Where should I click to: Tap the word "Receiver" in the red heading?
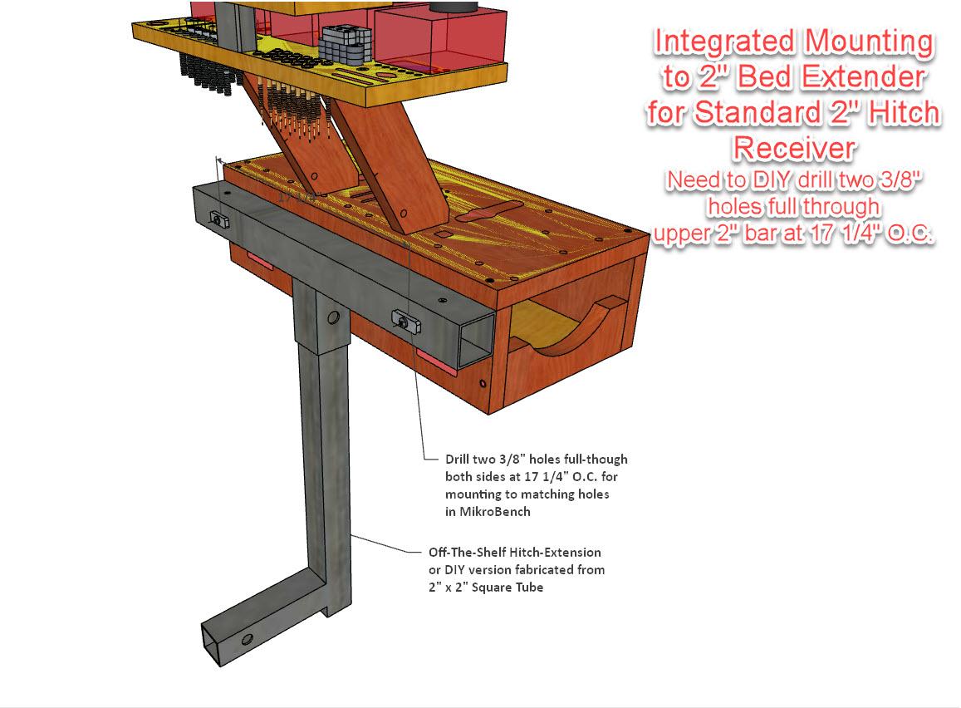(793, 148)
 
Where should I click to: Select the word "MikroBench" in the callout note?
(486, 512)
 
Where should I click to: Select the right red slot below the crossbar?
(438, 360)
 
